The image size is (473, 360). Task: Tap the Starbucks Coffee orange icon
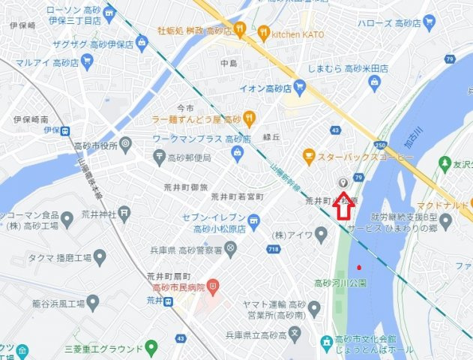coord(308,157)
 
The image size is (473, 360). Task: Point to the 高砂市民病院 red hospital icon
coord(213,287)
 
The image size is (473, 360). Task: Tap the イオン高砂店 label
coord(267,88)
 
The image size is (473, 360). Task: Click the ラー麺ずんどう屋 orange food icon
coord(250,118)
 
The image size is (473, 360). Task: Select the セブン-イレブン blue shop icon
coord(254,220)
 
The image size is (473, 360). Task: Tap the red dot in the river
coord(361,267)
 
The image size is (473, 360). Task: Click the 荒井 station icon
coord(172,301)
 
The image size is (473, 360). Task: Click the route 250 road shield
coord(381,145)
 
